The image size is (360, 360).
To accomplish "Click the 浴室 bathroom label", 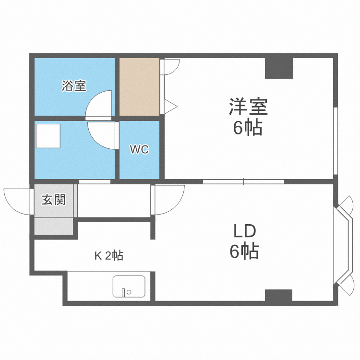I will pos(74,86).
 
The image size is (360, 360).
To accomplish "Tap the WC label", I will pos(139,149).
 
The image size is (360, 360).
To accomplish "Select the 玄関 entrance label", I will pos(53,200).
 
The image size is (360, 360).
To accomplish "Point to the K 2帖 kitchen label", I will pos(108,256).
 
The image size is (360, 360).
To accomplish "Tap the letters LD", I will pos(244,231).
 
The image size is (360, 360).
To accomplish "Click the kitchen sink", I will pos(129,287).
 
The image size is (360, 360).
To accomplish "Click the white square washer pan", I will pos(48,136).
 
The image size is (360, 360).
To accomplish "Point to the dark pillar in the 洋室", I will pos(279,68).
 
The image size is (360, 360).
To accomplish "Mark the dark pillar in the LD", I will pos(278,295).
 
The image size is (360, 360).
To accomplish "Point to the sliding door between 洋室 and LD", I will pos(243,181).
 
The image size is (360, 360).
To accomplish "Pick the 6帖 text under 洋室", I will pos(248,128).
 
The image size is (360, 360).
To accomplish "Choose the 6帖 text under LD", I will pos(244,252).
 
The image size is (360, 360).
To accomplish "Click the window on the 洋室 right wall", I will pos(336,142).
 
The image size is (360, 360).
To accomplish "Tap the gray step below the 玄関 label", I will pos(53,226).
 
